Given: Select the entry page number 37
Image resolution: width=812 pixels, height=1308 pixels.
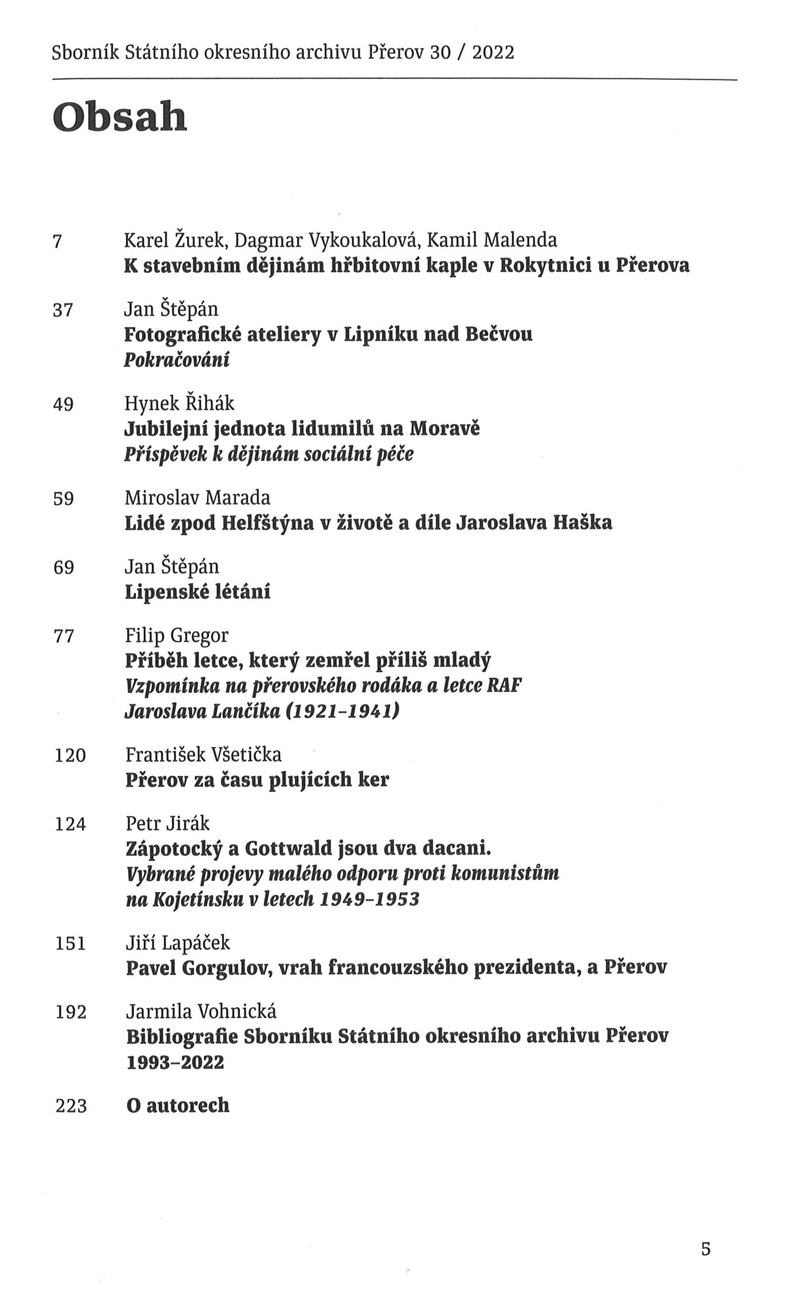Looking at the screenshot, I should tap(63, 310).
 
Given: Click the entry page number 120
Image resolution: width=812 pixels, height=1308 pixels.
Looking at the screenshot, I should tap(70, 756).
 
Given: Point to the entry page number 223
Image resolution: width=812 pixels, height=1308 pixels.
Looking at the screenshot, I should tap(71, 1106).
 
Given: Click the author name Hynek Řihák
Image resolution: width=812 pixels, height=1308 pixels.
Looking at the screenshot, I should tap(179, 403).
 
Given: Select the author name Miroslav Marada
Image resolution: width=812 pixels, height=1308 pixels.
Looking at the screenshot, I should tap(197, 498).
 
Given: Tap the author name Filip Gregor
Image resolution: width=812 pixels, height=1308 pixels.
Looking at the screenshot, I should tap(176, 636).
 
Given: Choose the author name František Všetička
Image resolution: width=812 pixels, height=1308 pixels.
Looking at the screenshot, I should tap(203, 755).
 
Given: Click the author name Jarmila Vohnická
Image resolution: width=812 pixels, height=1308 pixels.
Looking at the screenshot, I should tap(201, 1011).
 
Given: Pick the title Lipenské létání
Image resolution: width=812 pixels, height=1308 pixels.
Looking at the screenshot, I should tap(198, 592).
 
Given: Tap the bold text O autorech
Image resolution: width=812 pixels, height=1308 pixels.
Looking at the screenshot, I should tap(178, 1106).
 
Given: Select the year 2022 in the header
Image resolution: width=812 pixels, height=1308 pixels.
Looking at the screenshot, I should tap(493, 53).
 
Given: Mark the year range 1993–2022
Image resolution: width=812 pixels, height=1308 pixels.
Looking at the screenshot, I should tap(175, 1062).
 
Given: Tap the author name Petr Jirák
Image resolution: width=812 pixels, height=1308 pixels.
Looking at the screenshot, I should tap(167, 823).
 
